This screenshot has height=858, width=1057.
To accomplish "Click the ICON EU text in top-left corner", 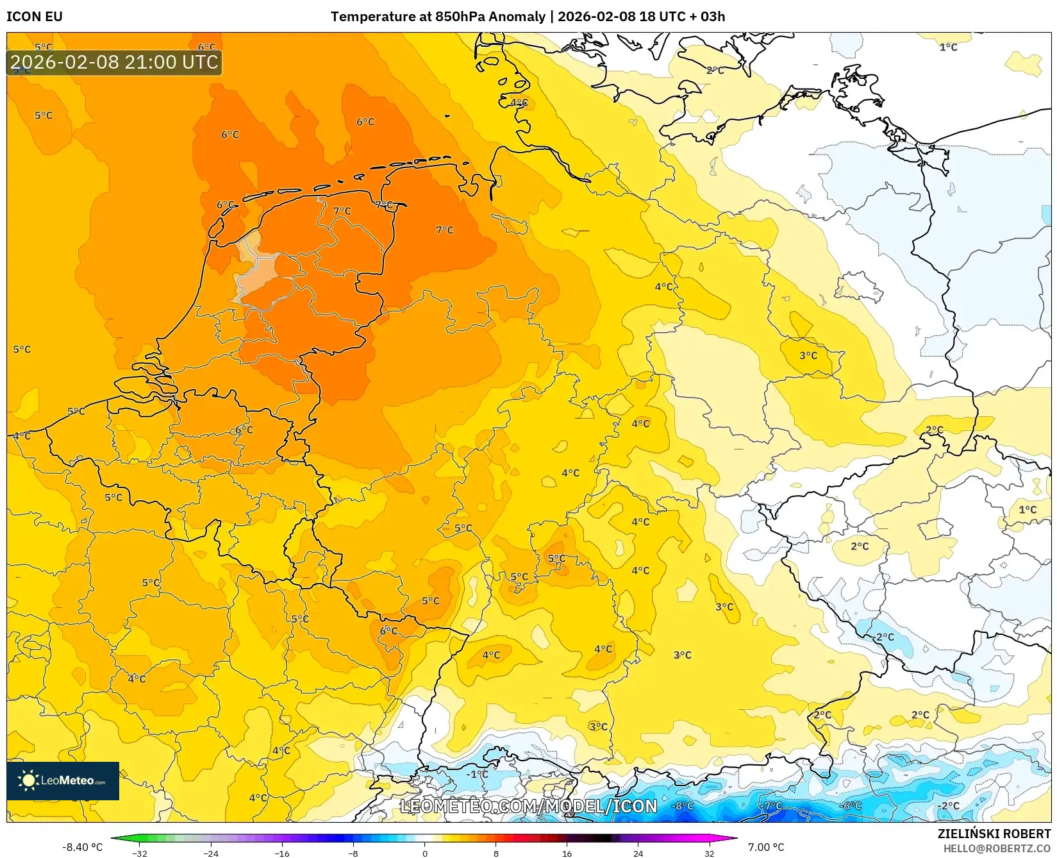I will (x=35, y=17).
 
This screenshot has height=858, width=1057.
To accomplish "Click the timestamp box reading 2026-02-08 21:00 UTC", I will (x=114, y=62).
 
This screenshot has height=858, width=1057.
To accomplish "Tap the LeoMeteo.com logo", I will (x=63, y=780).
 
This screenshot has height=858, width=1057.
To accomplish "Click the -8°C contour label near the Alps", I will (x=683, y=806).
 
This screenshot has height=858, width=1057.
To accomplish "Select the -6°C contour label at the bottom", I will (x=851, y=806).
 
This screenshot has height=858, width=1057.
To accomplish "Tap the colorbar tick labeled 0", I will (x=424, y=853).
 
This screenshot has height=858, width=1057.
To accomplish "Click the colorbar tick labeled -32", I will (x=140, y=853).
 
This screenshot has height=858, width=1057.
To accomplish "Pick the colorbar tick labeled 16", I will (x=567, y=853).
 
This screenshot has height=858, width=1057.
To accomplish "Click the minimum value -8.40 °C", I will (x=82, y=847).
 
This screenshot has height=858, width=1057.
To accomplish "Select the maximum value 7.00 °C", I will (x=766, y=847).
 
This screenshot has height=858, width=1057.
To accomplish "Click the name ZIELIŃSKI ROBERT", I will (x=994, y=834).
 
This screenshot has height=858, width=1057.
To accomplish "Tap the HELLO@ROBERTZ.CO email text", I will (x=997, y=848).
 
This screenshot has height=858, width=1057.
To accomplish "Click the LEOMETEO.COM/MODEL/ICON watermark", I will (x=529, y=806).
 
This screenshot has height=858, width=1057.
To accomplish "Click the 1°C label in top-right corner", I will (x=948, y=47).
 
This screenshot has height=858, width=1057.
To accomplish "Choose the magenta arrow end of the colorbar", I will (x=730, y=838).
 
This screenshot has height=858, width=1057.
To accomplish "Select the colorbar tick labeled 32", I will (x=709, y=853).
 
